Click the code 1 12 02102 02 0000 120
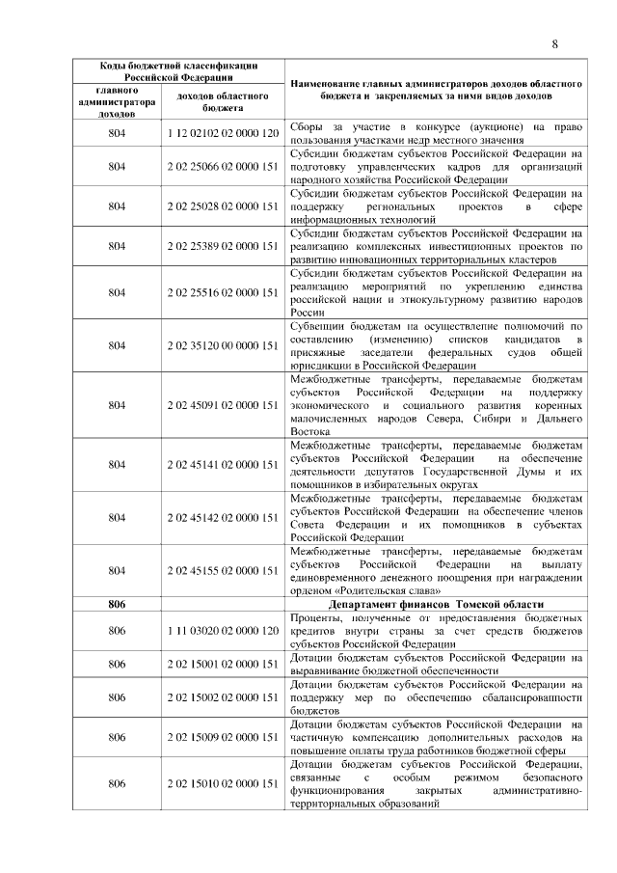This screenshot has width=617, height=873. pos(223,132)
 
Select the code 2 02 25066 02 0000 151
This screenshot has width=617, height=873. pos(223,166)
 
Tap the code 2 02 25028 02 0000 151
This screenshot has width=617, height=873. pos(223,206)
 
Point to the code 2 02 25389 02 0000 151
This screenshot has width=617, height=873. pos(223,247)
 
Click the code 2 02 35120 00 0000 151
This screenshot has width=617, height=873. pos(223,345)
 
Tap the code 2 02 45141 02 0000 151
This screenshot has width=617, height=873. pos(223,464)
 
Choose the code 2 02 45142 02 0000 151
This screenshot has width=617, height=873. pos(223,517)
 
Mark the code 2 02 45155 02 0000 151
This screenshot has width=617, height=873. pos(223,570)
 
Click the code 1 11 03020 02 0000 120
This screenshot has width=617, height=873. pos(223,630)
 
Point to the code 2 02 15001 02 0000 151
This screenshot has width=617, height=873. pos(223,664)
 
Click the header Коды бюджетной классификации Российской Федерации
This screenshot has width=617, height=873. pos(179,70)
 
